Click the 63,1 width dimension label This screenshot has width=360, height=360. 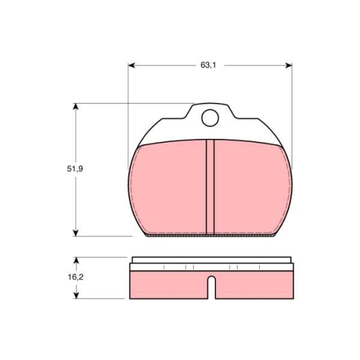(208, 65)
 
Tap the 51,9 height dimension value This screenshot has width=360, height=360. (75, 168)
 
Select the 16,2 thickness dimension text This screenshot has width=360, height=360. (76, 277)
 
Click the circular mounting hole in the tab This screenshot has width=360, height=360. (210, 118)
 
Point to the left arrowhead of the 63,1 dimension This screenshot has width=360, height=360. (132, 66)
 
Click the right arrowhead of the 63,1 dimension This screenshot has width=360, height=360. (289, 66)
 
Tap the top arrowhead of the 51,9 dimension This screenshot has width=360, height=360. (76, 107)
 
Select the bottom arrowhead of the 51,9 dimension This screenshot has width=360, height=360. (76, 233)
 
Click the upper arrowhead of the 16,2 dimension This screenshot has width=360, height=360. (76, 261)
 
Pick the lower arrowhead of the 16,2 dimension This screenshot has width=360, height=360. (76, 295)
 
